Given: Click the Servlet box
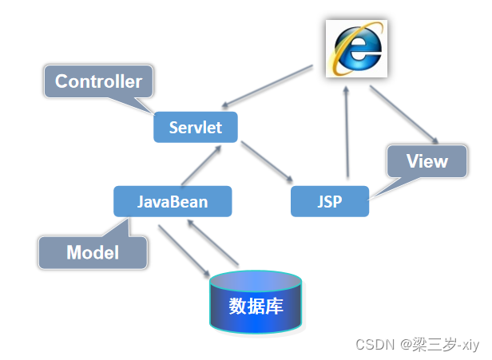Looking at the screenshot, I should [x=196, y=128].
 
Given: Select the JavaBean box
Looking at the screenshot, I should [x=173, y=201].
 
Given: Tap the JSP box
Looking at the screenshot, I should [x=329, y=201].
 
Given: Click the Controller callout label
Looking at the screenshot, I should [x=98, y=81].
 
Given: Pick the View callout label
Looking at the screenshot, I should [x=427, y=161].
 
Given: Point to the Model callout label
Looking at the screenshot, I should [x=93, y=252].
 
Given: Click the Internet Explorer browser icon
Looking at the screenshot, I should [x=356, y=49].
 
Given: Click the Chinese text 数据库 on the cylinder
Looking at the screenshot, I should [x=256, y=307].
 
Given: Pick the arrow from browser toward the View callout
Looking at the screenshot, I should [x=403, y=112].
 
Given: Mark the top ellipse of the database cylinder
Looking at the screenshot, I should [x=256, y=279].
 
